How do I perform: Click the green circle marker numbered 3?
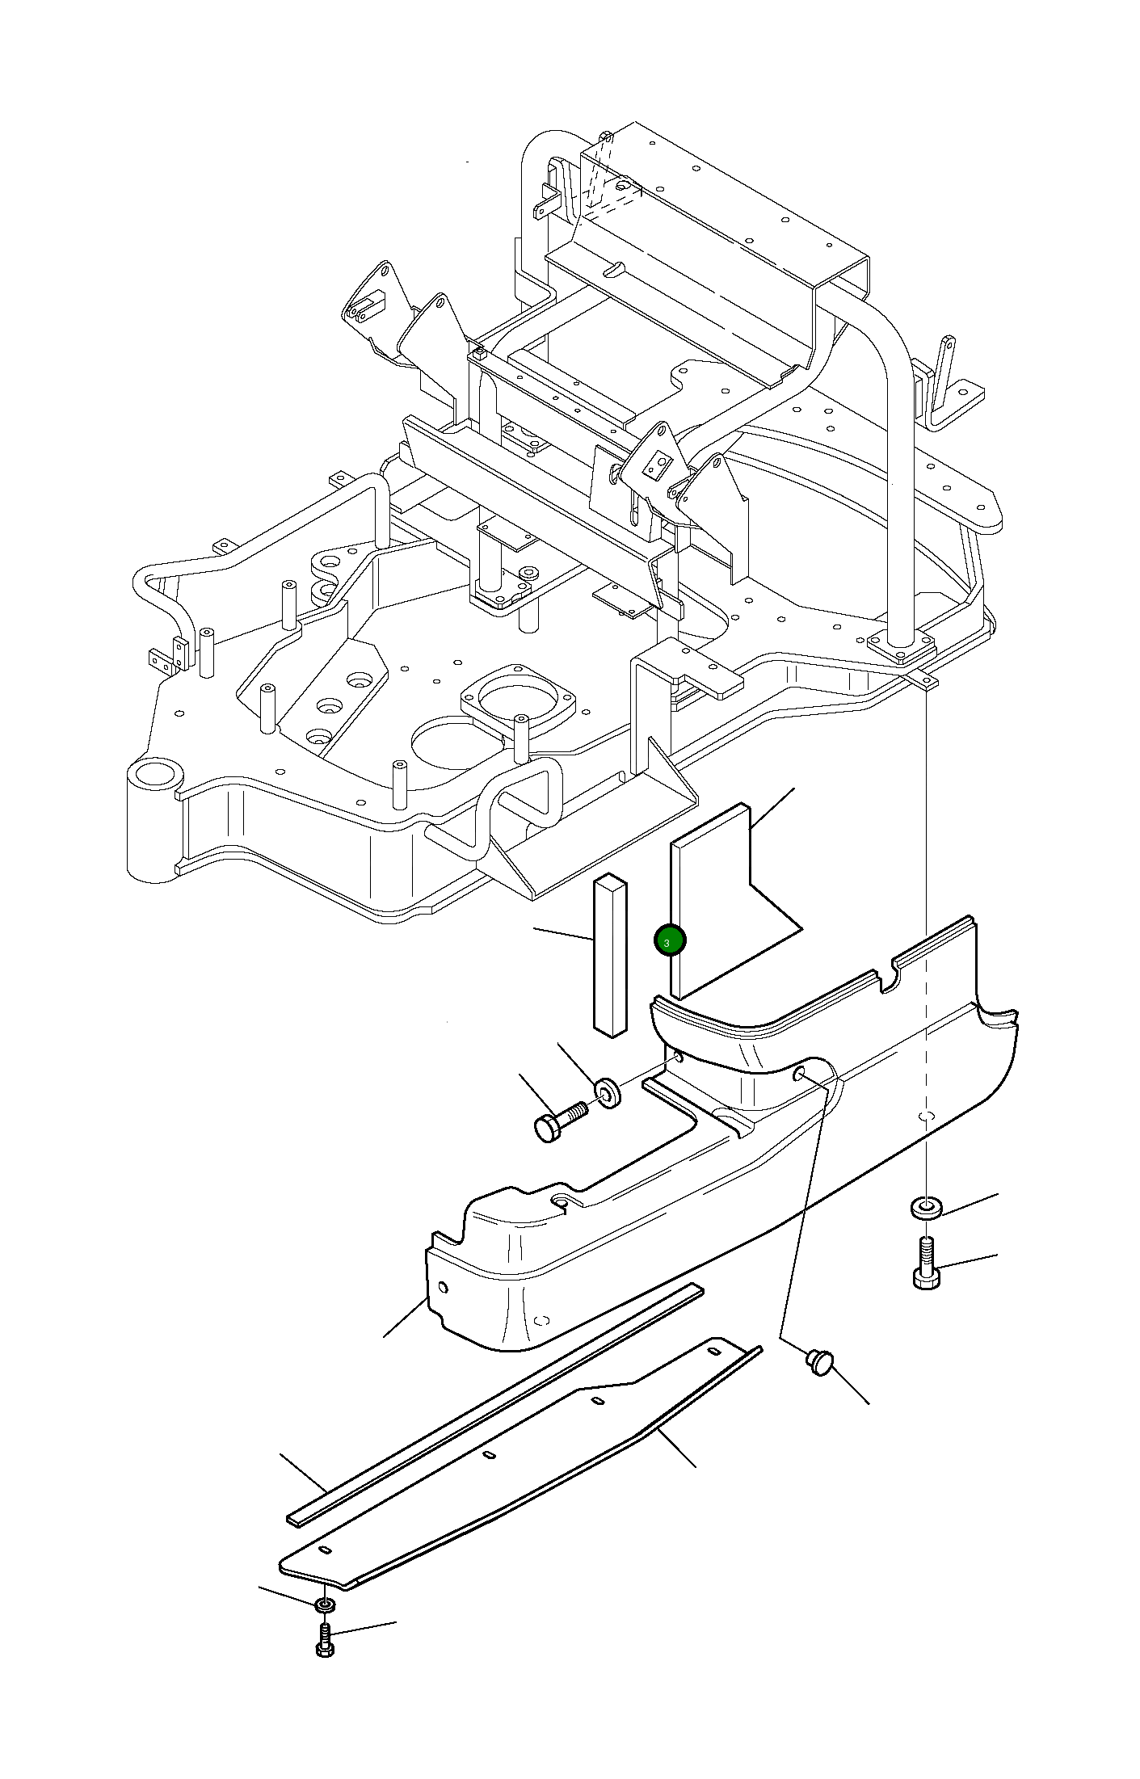point(670,940)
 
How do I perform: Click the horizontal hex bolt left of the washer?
point(560,1123)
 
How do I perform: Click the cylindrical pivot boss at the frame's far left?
point(154,820)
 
